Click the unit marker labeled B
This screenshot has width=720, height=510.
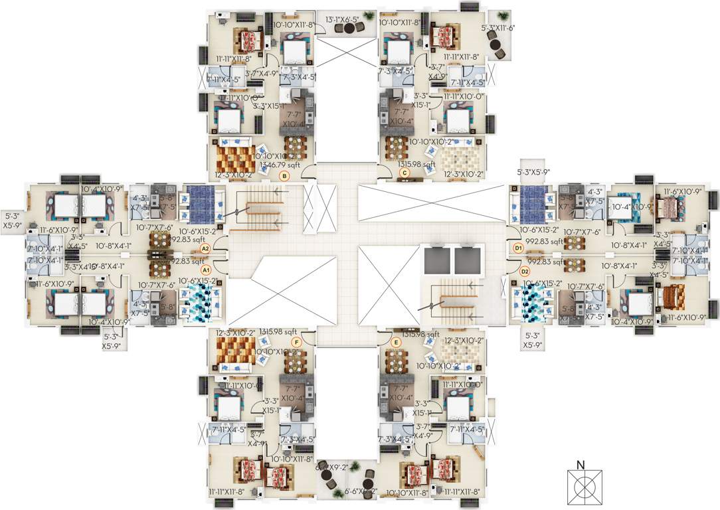(284, 176)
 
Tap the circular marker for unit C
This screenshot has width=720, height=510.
(404, 173)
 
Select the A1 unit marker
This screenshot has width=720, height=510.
(206, 270)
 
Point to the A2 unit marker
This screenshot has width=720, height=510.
(206, 248)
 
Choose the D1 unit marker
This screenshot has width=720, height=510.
(519, 248)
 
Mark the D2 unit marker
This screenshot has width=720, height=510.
(525, 271)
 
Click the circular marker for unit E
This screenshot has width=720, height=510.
(397, 343)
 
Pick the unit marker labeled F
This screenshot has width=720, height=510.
(296, 342)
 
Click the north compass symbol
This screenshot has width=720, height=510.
(585, 487)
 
